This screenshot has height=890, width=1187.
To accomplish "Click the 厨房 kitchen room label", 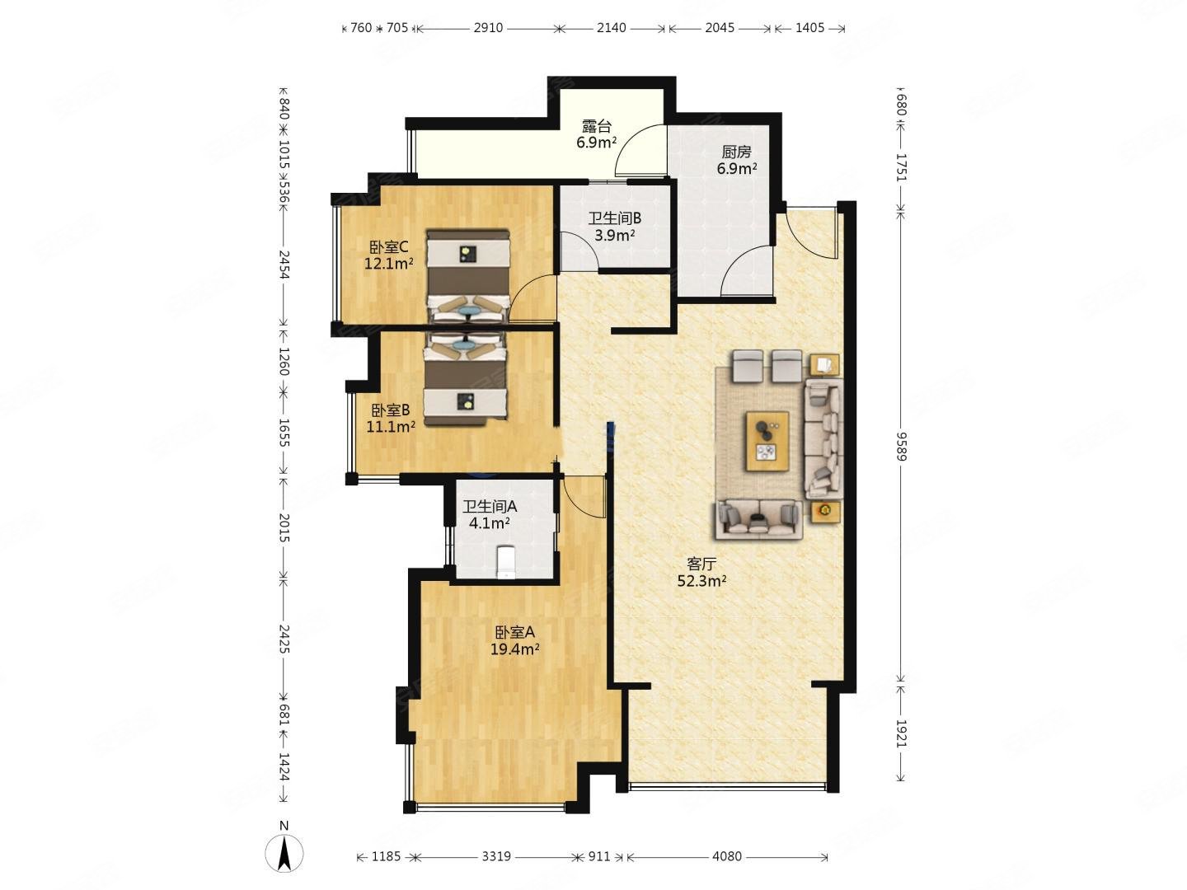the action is (x=736, y=152).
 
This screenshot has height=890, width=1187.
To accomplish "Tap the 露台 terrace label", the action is (x=597, y=126).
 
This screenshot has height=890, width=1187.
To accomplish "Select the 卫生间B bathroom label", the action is (x=615, y=218).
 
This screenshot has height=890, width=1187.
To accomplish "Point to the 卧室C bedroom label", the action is (x=388, y=247).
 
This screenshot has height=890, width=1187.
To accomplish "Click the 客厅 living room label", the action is (x=701, y=564).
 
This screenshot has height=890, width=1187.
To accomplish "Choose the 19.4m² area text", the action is (x=514, y=649).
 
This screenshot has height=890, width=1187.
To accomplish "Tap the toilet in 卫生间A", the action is (x=506, y=563).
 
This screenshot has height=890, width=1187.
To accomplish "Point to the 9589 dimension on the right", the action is (x=900, y=446).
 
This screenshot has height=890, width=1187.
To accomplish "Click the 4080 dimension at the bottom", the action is (x=727, y=856).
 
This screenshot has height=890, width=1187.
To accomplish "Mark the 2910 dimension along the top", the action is (x=488, y=27).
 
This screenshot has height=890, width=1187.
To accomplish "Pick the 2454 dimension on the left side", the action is (x=284, y=265).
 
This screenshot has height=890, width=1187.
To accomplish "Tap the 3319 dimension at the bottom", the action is (x=496, y=856).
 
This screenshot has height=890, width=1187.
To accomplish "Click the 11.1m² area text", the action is (x=391, y=427).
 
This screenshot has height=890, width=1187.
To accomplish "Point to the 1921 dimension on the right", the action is (x=900, y=733).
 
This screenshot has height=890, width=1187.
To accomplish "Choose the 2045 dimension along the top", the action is (x=720, y=27).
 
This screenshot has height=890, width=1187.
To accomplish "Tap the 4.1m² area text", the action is (x=490, y=523).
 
